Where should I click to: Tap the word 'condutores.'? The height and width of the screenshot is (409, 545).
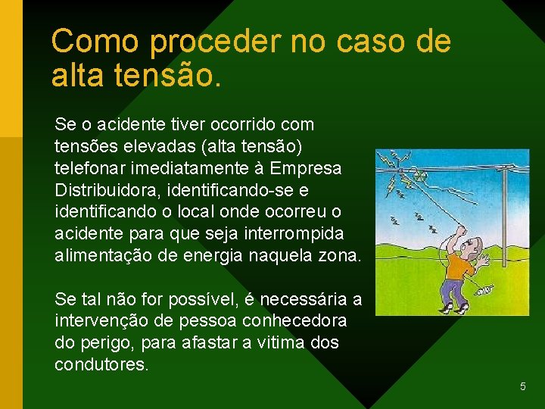coord(101,365)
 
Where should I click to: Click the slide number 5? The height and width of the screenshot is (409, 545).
coord(522,387)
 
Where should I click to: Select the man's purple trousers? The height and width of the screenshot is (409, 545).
coord(453,292)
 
